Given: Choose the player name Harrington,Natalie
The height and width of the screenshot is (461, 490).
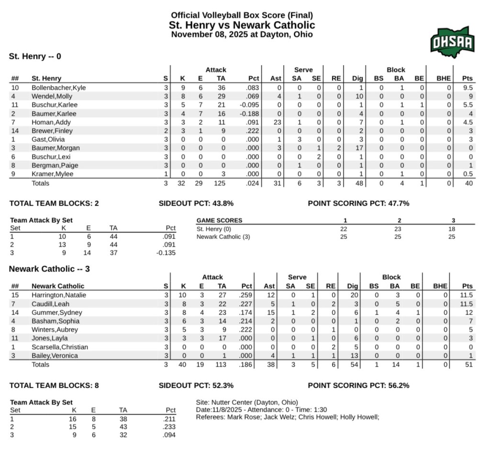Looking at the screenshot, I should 59,296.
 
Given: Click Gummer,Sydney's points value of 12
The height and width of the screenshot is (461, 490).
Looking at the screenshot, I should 469,313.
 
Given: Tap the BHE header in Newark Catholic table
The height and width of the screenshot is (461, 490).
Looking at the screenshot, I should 440,286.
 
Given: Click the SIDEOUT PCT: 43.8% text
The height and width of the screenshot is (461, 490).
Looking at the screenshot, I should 196,203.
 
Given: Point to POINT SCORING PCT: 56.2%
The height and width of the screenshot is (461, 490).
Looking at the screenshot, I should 358,385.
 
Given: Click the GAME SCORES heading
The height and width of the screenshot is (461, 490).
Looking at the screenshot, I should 220,220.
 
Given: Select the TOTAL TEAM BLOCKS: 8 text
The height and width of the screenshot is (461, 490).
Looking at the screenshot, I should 54,385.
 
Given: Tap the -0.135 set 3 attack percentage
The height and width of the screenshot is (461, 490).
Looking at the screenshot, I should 166,253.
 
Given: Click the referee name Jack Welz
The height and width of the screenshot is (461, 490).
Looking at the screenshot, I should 272,417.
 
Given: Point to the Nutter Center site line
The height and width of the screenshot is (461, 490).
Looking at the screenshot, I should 247,402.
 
